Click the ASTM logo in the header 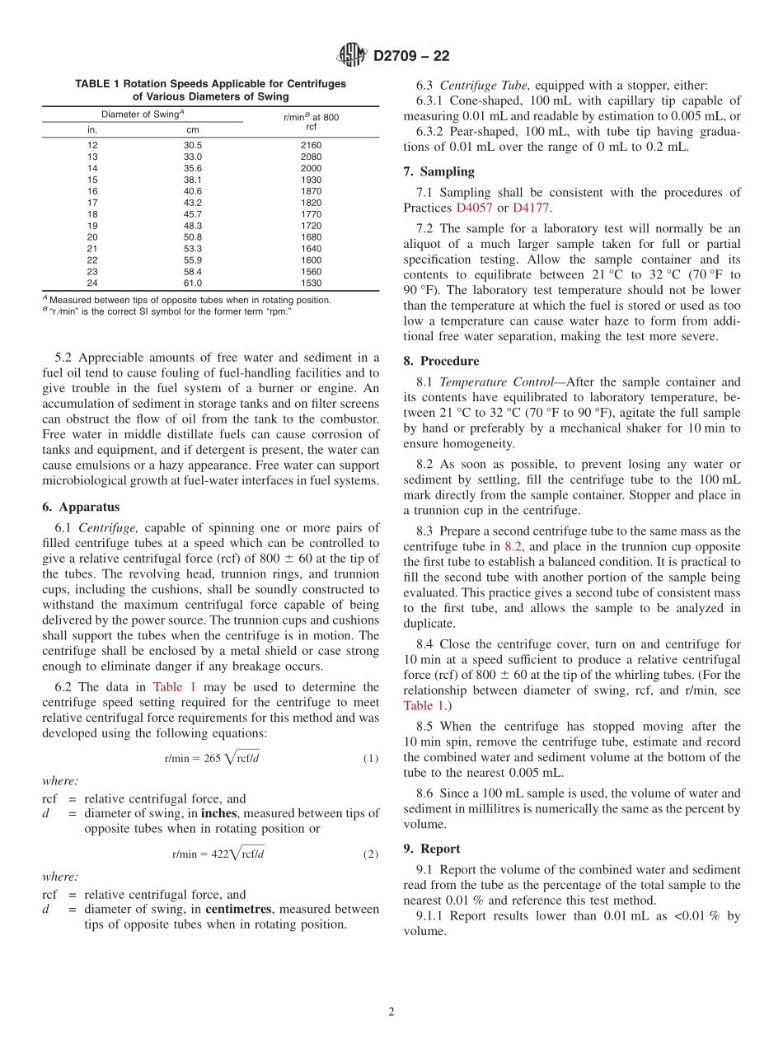pyautogui.click(x=353, y=56)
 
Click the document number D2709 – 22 pyautogui.click(x=411, y=56)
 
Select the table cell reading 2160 pyautogui.click(x=312, y=145)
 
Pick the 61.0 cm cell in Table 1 pyautogui.click(x=192, y=283)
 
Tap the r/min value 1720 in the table pyautogui.click(x=312, y=225)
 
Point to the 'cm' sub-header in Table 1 pyautogui.click(x=192, y=129)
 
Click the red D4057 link pyautogui.click(x=471, y=208)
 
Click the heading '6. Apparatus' pyautogui.click(x=81, y=508)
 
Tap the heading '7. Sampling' pyautogui.click(x=438, y=172)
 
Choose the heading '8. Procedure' pyautogui.click(x=441, y=361)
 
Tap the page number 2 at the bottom pyautogui.click(x=391, y=1012)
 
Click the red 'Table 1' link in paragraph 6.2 pyautogui.click(x=174, y=686)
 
